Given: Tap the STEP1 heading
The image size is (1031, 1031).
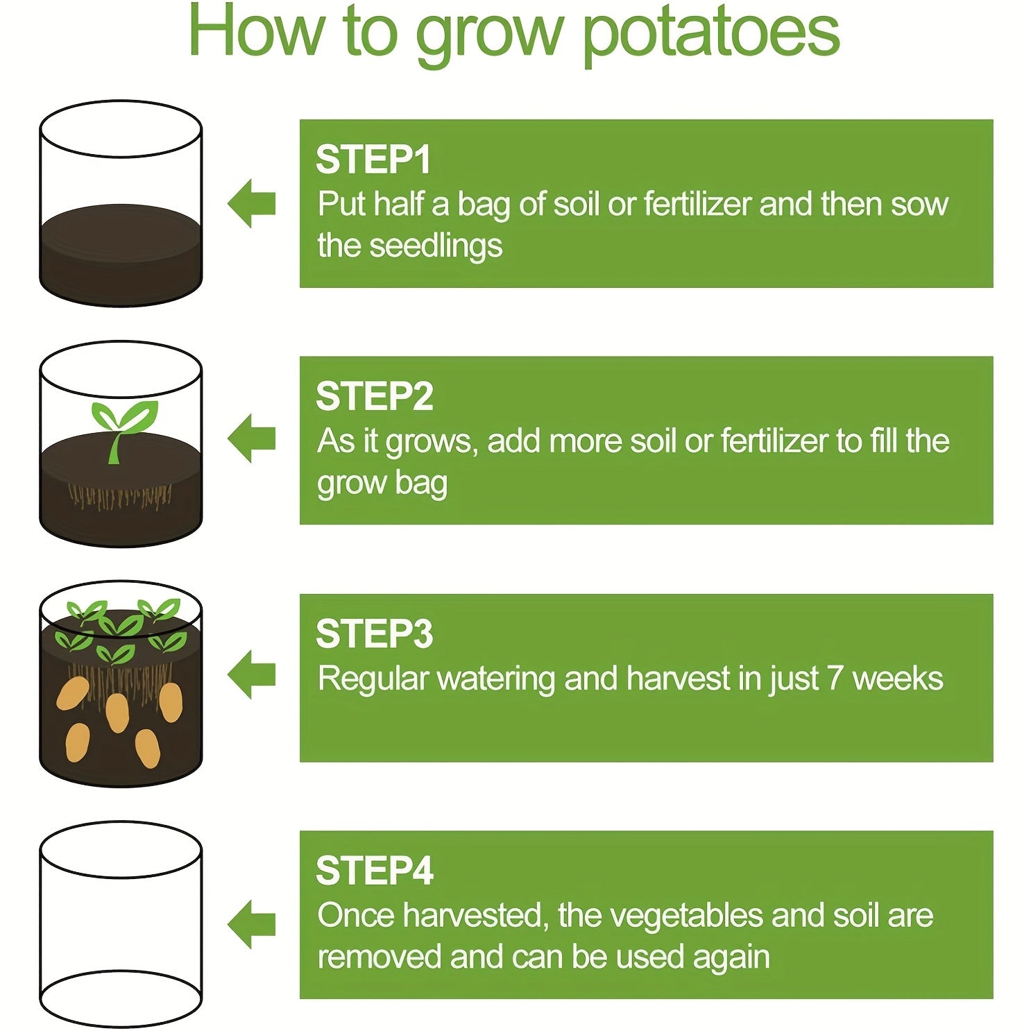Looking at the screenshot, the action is pyautogui.click(x=373, y=160).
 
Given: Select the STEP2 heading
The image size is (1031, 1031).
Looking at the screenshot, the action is pyautogui.click(x=375, y=396).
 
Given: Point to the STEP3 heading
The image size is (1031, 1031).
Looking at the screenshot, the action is pyautogui.click(x=375, y=633).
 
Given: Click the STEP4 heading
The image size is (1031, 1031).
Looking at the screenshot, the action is pyautogui.click(x=375, y=871).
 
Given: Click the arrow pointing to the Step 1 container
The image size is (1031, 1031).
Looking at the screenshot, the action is pyautogui.click(x=252, y=203).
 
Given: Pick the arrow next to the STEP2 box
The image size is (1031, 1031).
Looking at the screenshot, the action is pyautogui.click(x=252, y=438).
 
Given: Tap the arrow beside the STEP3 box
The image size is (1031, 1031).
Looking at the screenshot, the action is pyautogui.click(x=252, y=674).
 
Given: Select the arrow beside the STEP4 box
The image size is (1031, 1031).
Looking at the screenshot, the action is pyautogui.click(x=252, y=924).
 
